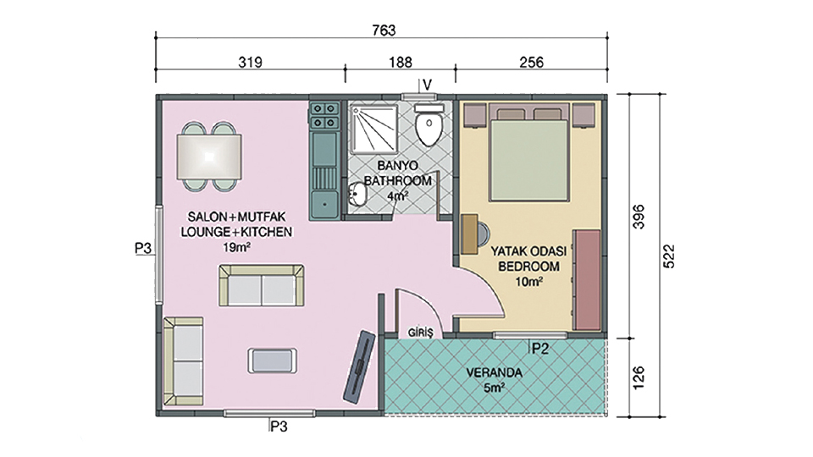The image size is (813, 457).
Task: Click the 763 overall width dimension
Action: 384,30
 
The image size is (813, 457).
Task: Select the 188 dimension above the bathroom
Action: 401,63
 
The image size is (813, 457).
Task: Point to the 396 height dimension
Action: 639,217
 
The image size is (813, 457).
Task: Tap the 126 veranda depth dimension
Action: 639,377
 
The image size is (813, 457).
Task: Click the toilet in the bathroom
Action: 429,124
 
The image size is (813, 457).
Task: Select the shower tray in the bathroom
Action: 373,128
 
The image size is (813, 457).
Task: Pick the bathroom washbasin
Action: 357,195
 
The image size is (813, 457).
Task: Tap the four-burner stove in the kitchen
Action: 324,116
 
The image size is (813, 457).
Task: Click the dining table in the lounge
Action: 209,157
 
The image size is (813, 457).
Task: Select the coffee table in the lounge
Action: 272,361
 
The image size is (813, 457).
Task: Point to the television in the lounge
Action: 359,366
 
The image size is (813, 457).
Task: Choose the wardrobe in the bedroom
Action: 587,280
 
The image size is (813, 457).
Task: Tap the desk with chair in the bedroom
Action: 474,234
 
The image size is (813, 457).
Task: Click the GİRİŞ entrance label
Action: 420,333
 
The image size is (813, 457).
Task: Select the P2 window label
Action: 539,349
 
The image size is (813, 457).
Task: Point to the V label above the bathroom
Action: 427,85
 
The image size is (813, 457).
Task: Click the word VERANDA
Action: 494,373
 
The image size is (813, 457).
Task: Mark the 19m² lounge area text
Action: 236,248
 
